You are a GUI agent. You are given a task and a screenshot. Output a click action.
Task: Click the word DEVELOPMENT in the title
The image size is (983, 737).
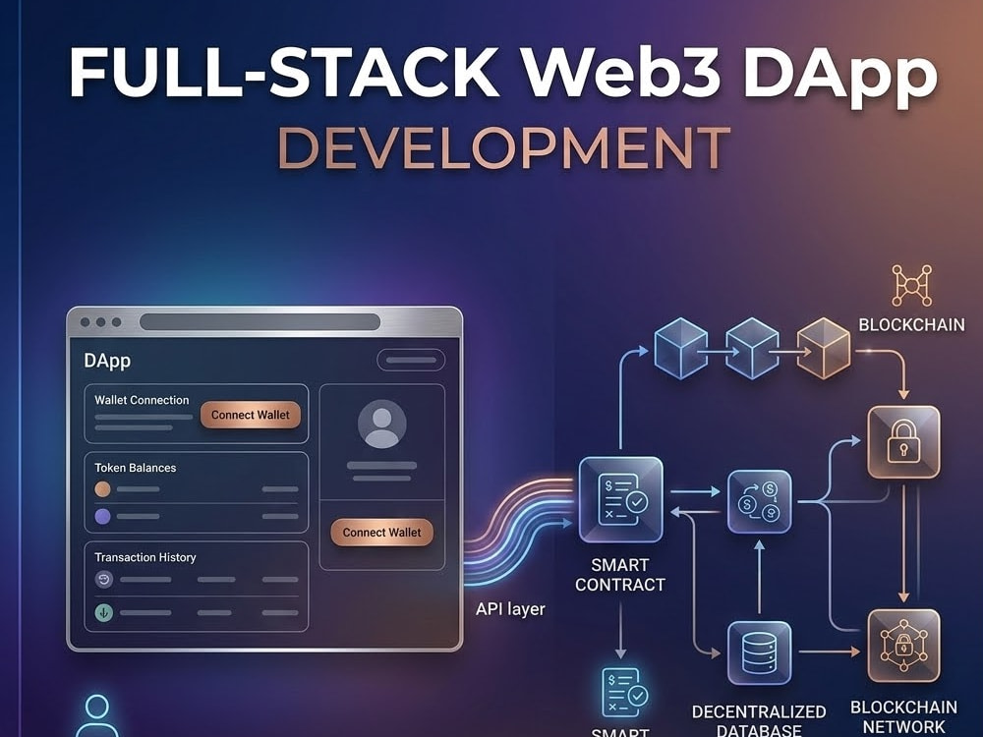pyautogui.click(x=504, y=148)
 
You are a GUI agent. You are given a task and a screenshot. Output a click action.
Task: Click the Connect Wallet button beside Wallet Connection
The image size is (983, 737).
pyautogui.click(x=250, y=415)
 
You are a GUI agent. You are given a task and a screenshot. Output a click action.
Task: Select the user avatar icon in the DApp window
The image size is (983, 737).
pyautogui.click(x=381, y=424)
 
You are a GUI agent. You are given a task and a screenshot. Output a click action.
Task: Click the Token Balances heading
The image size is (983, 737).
pyautogui.click(x=136, y=468)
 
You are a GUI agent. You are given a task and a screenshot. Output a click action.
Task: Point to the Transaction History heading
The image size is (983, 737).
pyautogui.click(x=145, y=557)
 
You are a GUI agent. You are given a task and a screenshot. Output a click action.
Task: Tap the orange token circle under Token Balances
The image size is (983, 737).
pyautogui.click(x=103, y=488)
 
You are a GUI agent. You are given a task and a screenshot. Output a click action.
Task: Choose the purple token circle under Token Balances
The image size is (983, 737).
pyautogui.click(x=103, y=517)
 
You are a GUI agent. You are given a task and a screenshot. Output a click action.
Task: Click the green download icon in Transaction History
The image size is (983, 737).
pyautogui.click(x=103, y=612)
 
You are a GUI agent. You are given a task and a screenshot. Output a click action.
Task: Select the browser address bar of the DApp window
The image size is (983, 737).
pyautogui.click(x=260, y=322)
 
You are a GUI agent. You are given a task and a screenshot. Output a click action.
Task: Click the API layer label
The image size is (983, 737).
pyautogui.click(x=510, y=609)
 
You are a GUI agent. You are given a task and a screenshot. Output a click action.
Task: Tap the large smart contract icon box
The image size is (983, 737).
pyautogui.click(x=620, y=499)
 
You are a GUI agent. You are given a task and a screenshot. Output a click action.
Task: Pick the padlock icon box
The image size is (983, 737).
pyautogui.click(x=903, y=442)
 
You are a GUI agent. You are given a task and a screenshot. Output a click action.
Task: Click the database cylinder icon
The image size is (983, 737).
pyautogui.click(x=759, y=653)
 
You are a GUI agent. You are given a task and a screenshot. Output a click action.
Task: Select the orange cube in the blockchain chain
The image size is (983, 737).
pyautogui.click(x=824, y=348)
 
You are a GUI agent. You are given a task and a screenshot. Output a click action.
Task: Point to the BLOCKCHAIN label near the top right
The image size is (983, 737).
pyautogui.click(x=911, y=324)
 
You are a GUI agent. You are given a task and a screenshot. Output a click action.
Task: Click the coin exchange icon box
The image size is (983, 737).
pyautogui.click(x=759, y=502)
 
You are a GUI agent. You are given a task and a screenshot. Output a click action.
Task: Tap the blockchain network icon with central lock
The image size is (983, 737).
pyautogui.click(x=903, y=646)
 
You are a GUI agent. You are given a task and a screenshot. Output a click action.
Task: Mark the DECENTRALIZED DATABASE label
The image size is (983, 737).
pyautogui.click(x=759, y=720)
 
